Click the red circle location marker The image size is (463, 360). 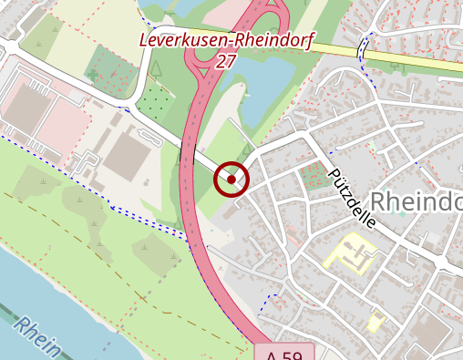pyautogui.click(x=231, y=180)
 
